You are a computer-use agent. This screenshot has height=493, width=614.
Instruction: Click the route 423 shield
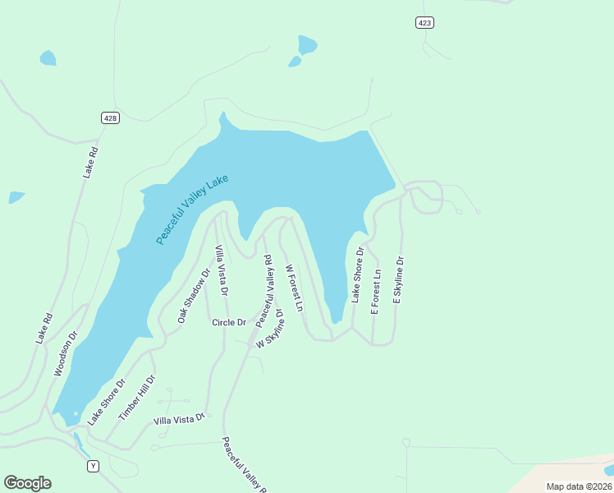click(x=424, y=23)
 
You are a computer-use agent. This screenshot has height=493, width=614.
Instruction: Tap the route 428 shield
click(x=111, y=118)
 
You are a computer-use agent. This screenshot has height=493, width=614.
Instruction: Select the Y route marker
click(x=94, y=466)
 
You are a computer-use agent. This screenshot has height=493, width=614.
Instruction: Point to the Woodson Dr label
click(x=66, y=354)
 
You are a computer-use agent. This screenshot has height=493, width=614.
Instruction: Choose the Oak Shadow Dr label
click(x=195, y=294)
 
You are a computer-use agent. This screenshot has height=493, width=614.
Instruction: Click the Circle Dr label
click(x=229, y=323)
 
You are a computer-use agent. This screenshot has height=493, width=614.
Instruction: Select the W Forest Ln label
click(x=295, y=288)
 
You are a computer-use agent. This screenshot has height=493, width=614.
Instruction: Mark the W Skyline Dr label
click(x=269, y=329)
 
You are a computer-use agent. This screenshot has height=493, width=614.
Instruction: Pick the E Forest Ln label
click(x=376, y=292)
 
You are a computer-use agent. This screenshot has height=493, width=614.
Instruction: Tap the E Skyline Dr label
click(x=399, y=281)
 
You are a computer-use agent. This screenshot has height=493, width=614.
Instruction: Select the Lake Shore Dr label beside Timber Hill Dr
click(x=107, y=402)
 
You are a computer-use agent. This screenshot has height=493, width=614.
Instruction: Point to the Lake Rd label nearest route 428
click(x=90, y=162)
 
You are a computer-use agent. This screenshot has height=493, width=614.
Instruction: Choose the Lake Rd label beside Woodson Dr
click(x=44, y=328)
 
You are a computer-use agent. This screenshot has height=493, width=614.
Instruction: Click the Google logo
click(x=27, y=483)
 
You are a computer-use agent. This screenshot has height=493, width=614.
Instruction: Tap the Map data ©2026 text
click(x=578, y=486)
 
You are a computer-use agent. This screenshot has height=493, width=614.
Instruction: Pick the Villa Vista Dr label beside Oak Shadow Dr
click(x=221, y=270)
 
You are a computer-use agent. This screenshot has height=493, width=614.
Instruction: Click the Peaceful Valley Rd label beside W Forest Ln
click(x=264, y=290)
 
